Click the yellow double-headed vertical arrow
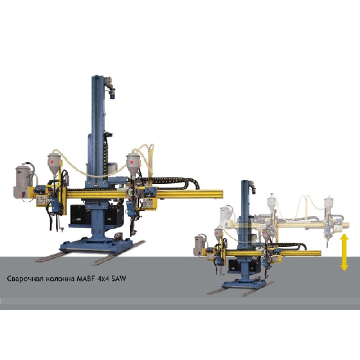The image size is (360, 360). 344,252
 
